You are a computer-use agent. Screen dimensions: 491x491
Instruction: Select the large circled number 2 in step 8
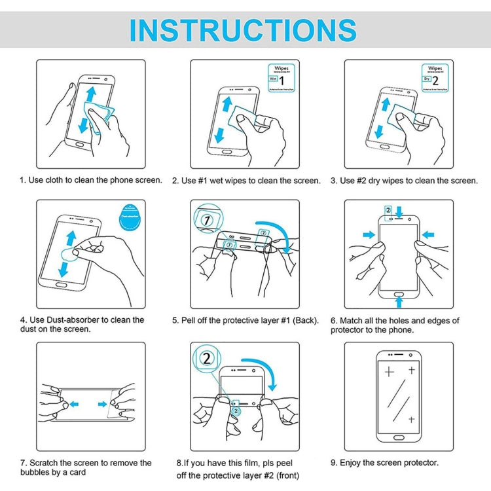pyautogui.click(x=208, y=359)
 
